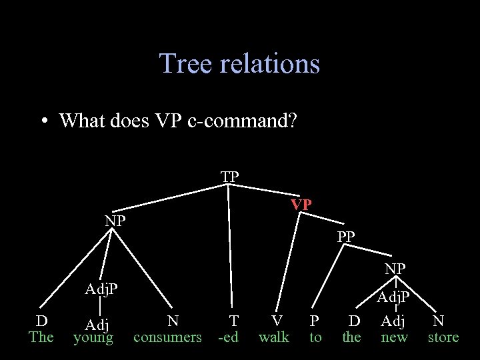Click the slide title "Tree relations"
pyautogui.click(x=239, y=64)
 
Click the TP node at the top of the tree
pyautogui.click(x=230, y=177)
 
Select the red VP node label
pyautogui.click(x=301, y=205)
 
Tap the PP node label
pyautogui.click(x=346, y=236)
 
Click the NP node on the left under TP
pyautogui.click(x=115, y=221)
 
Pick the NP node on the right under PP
pyautogui.click(x=395, y=269)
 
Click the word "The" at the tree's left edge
pyautogui.click(x=41, y=337)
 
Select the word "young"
pyautogui.click(x=93, y=338)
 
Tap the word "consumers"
pyautogui.click(x=167, y=337)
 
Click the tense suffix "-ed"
pyautogui.click(x=229, y=337)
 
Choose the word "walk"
pyautogui.click(x=274, y=337)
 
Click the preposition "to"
pyautogui.click(x=315, y=337)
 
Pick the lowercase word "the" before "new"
pyautogui.click(x=351, y=337)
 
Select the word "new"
pyautogui.click(x=393, y=337)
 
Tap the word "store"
pyautogui.click(x=443, y=337)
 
